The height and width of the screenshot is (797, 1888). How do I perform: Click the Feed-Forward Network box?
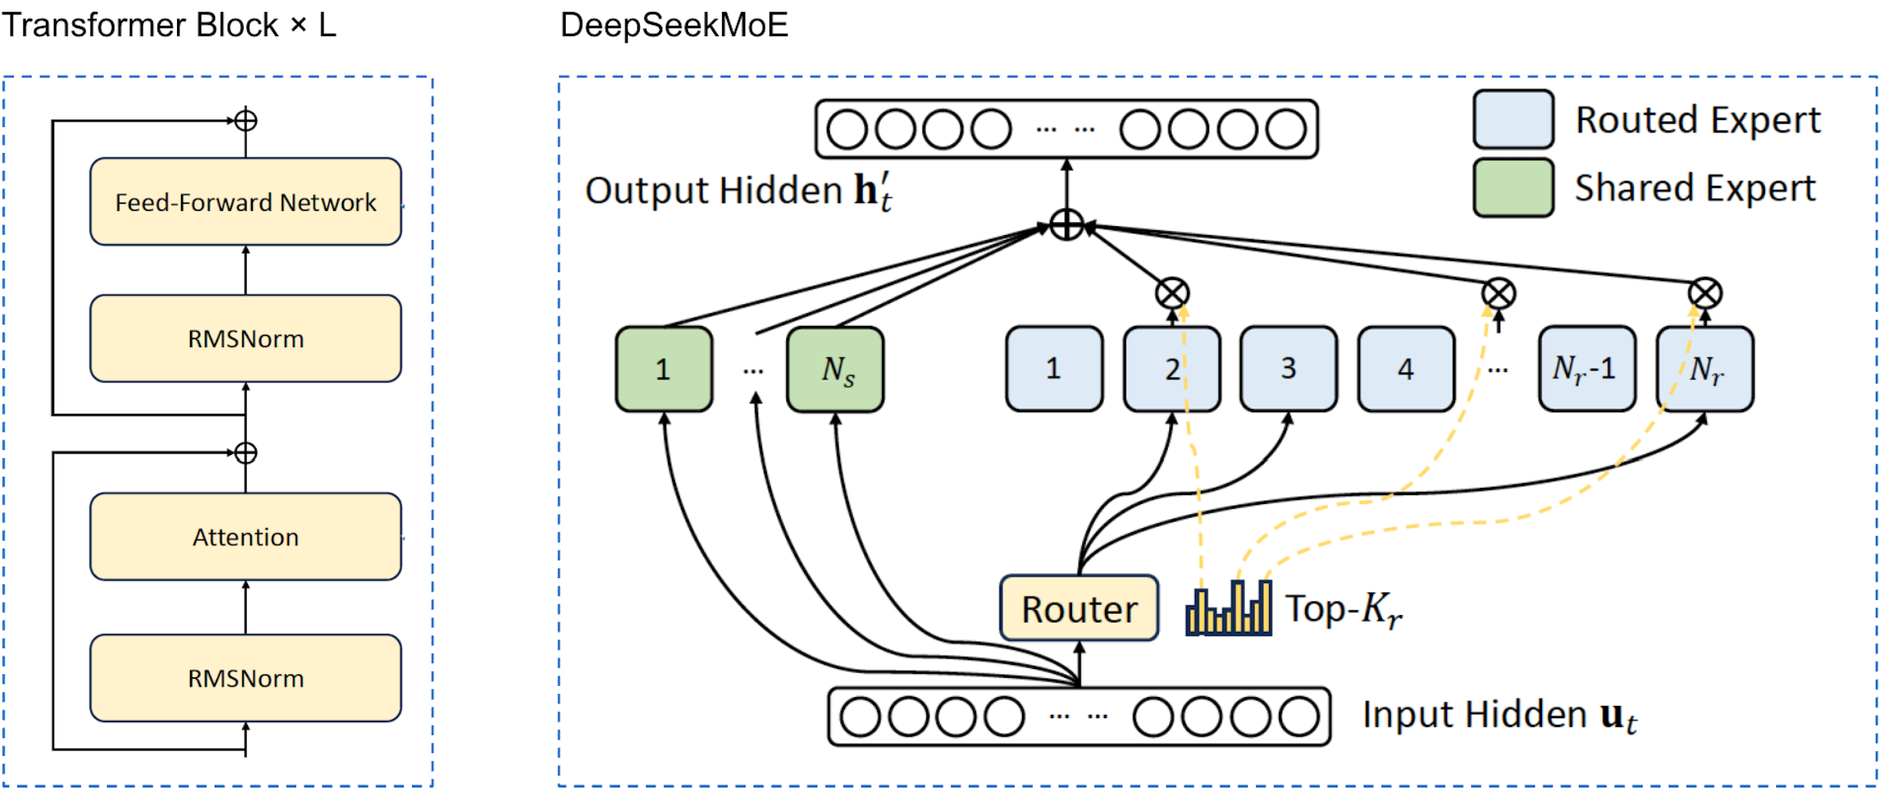point(245,201)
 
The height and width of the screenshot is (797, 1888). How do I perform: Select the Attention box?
point(245,536)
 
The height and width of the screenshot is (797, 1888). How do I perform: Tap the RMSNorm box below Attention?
point(245,678)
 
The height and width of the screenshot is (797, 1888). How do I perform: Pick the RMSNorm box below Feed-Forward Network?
point(245,338)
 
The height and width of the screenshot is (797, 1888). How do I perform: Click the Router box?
point(1078,609)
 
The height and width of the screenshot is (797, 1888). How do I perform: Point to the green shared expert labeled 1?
point(664,370)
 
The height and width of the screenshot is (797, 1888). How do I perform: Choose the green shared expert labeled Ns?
point(835,370)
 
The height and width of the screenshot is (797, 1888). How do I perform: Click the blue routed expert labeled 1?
point(1054,369)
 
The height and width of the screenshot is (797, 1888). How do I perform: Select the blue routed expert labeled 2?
point(1172,369)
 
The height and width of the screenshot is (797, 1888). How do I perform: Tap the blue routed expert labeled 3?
point(1288,369)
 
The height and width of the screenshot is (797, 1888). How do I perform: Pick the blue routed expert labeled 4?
point(1406,369)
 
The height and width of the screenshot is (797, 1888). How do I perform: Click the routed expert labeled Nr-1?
point(1586,369)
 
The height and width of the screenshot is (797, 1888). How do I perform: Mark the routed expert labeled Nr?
point(1705,369)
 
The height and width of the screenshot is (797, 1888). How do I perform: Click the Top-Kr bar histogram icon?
point(1228,609)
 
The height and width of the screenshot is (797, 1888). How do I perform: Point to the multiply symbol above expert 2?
point(1173,294)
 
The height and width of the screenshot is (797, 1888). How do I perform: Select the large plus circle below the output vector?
point(1067,225)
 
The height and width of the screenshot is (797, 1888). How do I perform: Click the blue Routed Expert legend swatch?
point(1513,119)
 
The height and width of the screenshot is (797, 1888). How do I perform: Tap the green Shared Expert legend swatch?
point(1513,188)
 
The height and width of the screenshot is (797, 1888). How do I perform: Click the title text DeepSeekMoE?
point(674,25)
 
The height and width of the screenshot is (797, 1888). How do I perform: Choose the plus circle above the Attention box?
point(245,453)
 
